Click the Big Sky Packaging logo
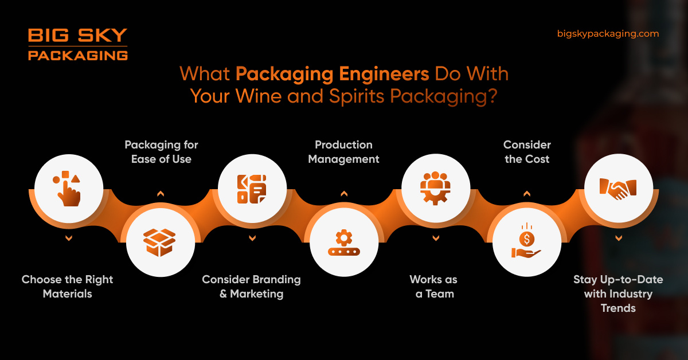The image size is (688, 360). [x=77, y=44]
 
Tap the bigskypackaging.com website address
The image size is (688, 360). [x=608, y=34]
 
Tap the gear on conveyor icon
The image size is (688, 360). [x=344, y=242]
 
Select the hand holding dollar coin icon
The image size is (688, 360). [x=527, y=242]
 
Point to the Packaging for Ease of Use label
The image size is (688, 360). [x=161, y=152]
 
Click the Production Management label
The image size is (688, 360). [x=343, y=152]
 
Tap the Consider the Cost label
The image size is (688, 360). [x=527, y=152]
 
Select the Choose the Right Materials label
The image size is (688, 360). [x=68, y=287]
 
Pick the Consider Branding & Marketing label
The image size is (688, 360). [x=251, y=287]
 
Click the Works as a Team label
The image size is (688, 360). [x=434, y=287]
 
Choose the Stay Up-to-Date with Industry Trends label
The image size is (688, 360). [x=618, y=294]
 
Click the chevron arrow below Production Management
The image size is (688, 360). [x=344, y=194]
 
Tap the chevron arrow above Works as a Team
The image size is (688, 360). [x=436, y=237]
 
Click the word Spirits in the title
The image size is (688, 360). [x=359, y=96]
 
